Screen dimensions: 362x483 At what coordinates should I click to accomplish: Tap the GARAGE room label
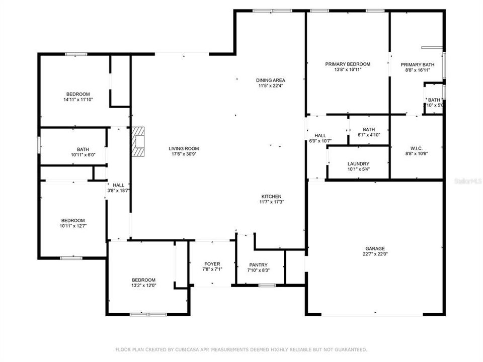375,248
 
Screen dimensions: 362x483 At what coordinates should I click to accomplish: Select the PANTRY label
259,265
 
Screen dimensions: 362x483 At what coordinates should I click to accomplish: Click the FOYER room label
212,263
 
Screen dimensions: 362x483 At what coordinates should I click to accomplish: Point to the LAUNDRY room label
358,164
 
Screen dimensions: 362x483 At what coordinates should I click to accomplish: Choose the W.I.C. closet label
416,148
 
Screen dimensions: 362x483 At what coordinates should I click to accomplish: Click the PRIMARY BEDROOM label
347,64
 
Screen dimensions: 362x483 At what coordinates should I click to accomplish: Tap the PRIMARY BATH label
417,64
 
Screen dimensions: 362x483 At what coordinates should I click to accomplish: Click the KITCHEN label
271,197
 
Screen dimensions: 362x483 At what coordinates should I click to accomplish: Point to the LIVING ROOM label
184,148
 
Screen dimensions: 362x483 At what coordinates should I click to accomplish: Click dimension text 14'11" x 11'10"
78,100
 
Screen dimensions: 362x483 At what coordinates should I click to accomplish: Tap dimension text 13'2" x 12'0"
143,286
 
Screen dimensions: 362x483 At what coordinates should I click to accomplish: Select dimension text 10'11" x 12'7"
73,226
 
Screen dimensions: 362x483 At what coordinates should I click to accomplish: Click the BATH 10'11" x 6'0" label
83,149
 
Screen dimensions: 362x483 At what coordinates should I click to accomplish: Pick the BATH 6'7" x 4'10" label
368,130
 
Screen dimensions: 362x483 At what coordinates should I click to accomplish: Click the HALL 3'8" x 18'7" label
118,185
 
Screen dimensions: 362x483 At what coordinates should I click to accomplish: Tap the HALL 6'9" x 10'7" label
320,136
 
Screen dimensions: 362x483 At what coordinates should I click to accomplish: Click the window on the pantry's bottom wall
267,285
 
